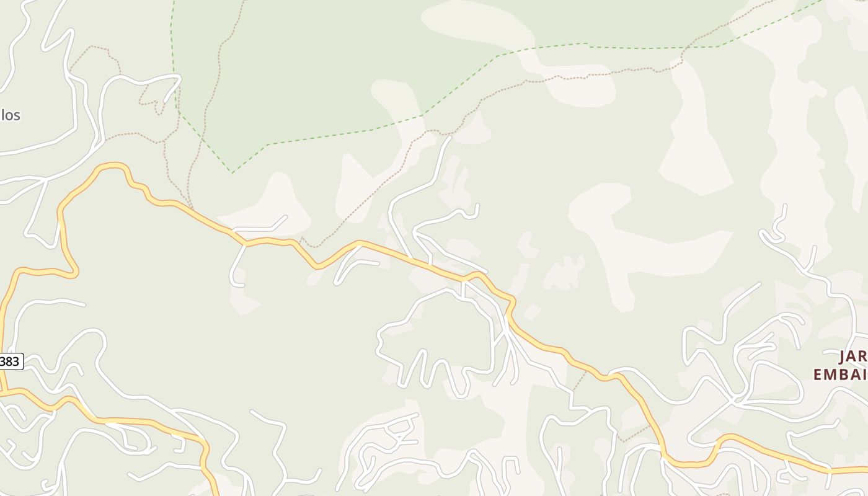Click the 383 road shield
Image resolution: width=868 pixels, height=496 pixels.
point(11,361)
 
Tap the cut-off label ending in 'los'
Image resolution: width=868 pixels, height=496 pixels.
point(11,115)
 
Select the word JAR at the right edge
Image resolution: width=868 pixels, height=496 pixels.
point(853,356)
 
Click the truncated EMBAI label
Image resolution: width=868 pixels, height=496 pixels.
point(840,374)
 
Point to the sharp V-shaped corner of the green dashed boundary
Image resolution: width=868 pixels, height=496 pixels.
point(232,172)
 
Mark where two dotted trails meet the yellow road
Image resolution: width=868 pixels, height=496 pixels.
point(191,208)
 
